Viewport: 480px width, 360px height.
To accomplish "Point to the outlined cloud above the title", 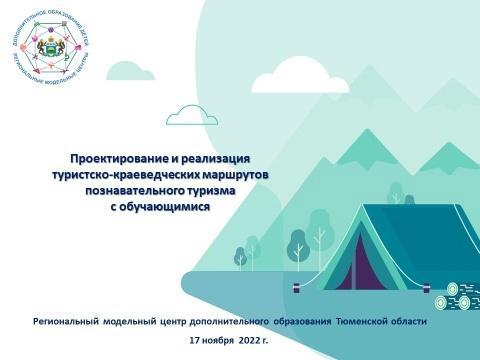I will click(192, 118).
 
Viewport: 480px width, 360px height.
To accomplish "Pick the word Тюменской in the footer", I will click(365, 321).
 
